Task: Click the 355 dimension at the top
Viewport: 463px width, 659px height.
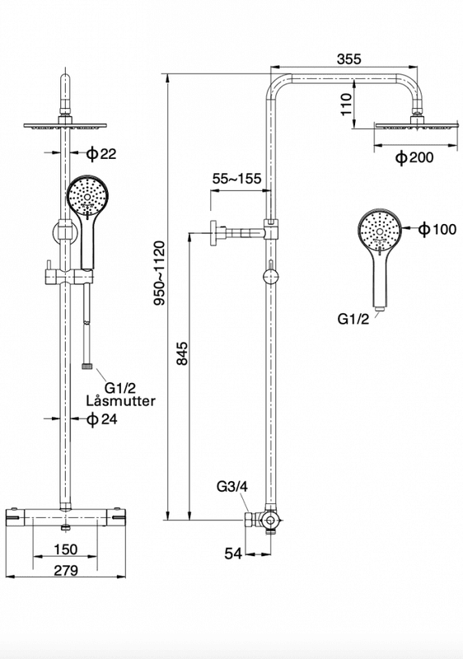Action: (348, 58)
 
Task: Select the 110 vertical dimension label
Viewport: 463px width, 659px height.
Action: (346, 105)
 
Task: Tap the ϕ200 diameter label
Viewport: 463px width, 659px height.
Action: (414, 158)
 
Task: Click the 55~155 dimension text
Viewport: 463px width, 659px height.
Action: (236, 179)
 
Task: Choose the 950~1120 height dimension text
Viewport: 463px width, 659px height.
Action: (160, 273)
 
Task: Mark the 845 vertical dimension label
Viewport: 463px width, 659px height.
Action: (182, 353)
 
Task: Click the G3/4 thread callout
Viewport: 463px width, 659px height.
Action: (232, 487)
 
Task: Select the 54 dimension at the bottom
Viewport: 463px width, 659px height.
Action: (233, 554)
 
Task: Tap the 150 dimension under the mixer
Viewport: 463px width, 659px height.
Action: (66, 549)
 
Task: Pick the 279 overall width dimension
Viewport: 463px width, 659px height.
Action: (66, 570)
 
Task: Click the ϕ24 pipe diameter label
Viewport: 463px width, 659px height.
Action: (101, 419)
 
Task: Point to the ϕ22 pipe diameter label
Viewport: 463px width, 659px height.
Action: (101, 154)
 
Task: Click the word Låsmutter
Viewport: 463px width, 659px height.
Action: (120, 400)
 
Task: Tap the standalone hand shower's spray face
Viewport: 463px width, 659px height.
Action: (380, 229)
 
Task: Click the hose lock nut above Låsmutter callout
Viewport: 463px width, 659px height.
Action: (87, 366)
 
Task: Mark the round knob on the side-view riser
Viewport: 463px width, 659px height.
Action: (270, 278)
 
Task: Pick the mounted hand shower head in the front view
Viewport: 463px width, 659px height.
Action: (88, 197)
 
